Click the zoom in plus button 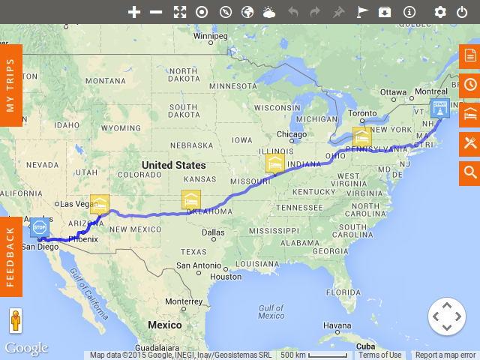click(134, 12)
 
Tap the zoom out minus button click(156, 12)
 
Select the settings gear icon click(440, 12)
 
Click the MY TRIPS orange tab click(10, 85)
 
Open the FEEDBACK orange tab click(10, 256)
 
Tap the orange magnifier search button click(469, 172)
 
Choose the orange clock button click(469, 85)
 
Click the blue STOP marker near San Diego click(39, 227)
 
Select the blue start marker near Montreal click(439, 108)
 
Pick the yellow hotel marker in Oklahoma click(191, 199)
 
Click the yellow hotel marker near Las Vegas click(99, 203)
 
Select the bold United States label click(173, 165)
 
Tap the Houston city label click(226, 277)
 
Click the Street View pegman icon click(15, 321)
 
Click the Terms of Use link click(379, 355)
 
